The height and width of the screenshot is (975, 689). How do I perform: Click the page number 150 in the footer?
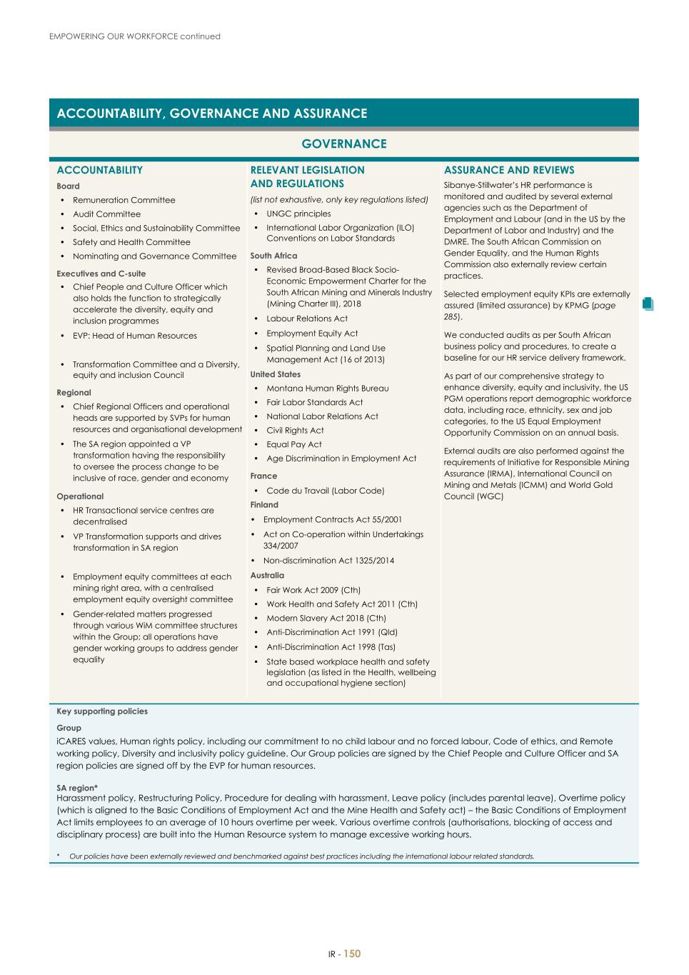(x=353, y=954)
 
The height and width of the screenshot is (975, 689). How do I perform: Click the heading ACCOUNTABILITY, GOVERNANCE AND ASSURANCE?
(x=212, y=114)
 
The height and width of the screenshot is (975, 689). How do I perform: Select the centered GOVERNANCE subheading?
(x=343, y=144)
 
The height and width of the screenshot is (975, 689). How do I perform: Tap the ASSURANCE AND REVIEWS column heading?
(x=508, y=170)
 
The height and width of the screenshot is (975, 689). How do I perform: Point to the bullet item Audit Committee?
(x=106, y=214)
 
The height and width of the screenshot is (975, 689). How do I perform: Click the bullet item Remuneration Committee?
(x=124, y=200)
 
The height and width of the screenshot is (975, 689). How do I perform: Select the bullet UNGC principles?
(x=298, y=214)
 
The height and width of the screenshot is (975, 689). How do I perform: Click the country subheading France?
(x=263, y=476)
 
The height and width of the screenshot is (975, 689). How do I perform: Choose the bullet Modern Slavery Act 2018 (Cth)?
(x=326, y=619)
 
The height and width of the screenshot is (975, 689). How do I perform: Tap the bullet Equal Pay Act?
(x=293, y=444)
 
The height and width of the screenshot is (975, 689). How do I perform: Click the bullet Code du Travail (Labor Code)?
(x=325, y=491)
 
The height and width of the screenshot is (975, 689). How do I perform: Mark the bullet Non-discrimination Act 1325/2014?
(x=328, y=561)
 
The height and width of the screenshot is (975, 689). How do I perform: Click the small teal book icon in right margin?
(x=648, y=304)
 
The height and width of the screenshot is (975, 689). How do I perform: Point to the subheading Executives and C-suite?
(x=101, y=274)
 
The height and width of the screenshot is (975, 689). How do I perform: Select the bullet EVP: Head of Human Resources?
(x=134, y=336)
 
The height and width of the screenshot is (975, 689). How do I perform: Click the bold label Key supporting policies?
(x=102, y=711)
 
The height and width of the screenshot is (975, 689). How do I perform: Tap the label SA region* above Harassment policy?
(x=77, y=788)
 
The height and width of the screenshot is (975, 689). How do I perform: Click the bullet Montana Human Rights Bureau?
(x=327, y=389)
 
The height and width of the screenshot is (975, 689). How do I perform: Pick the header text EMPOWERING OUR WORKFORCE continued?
(x=135, y=36)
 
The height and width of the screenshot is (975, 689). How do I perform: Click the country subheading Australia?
(x=267, y=576)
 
